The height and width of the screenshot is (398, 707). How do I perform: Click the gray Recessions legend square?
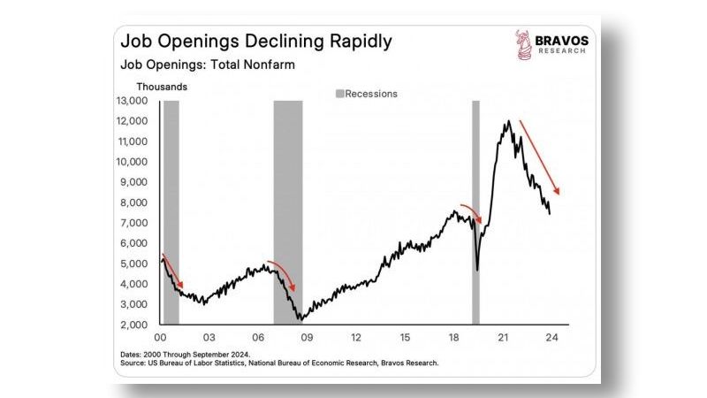(338, 93)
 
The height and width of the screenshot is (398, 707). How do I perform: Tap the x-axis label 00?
(160, 338)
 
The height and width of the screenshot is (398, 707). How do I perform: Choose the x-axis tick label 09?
(307, 338)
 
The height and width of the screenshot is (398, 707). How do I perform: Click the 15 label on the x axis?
(404, 338)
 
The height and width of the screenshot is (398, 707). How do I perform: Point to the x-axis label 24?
(551, 338)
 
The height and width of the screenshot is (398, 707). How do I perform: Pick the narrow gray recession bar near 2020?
(475, 212)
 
